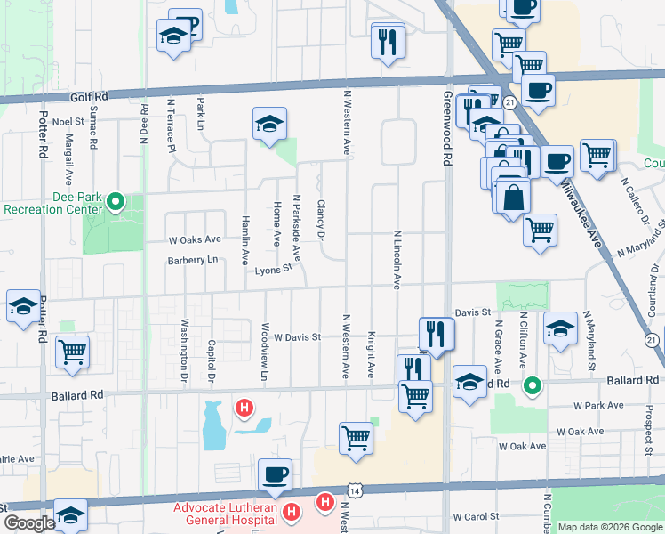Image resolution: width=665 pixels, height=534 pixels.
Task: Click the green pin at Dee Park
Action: (115, 202)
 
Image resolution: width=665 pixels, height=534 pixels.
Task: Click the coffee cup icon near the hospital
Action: (275, 475)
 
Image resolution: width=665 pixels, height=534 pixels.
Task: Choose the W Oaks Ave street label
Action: (195, 239)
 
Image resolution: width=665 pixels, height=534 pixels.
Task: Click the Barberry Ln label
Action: (192, 260)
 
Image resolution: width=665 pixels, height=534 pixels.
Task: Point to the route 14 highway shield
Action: (356, 490)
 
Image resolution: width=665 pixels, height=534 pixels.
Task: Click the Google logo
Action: (28, 524)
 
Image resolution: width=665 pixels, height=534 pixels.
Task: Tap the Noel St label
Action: (68, 121)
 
